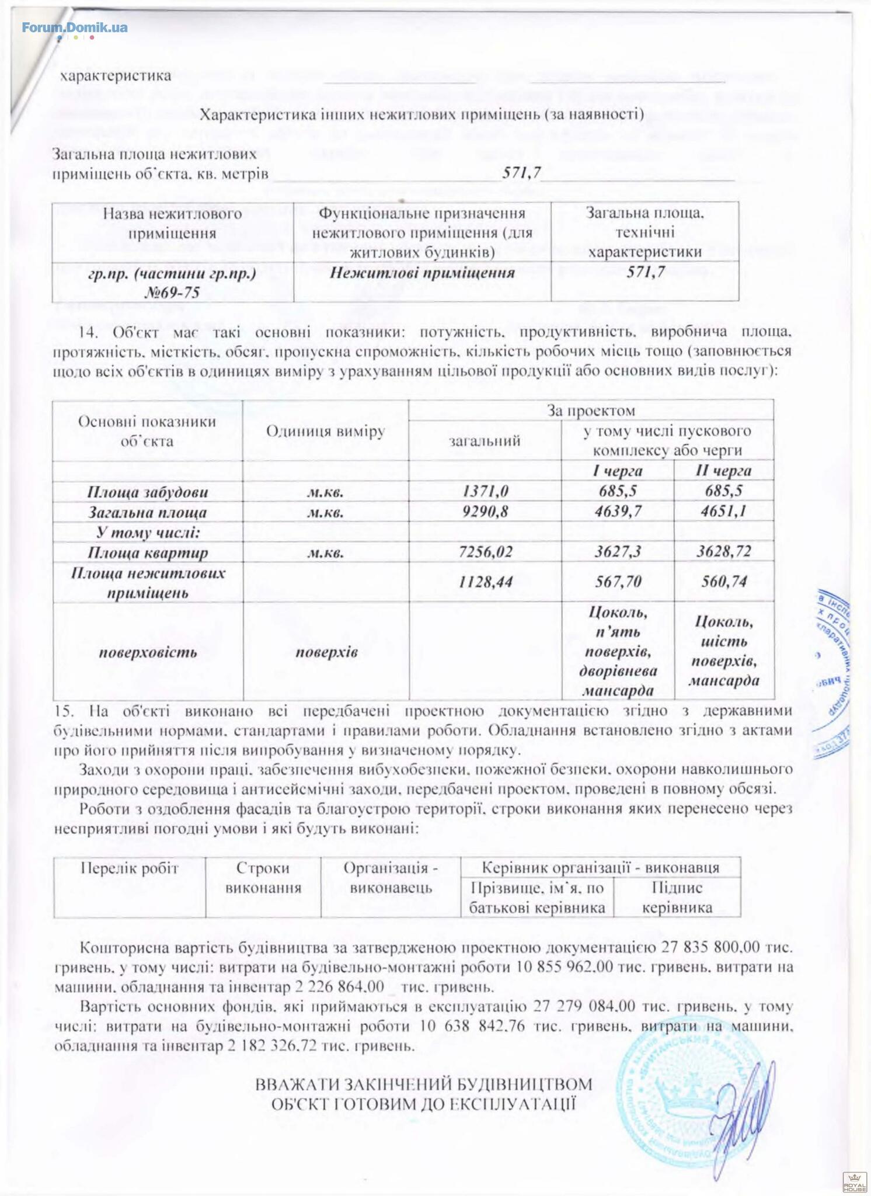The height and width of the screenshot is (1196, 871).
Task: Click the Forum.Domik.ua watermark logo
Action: pyautogui.click(x=75, y=27)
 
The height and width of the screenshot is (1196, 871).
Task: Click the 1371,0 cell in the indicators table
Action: pyautogui.click(x=485, y=491)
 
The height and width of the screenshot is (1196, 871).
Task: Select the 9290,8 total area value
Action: pyautogui.click(x=485, y=512)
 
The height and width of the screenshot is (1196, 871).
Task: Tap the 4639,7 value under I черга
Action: pyautogui.click(x=618, y=512)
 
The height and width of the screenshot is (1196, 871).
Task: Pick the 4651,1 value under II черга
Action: pyautogui.click(x=724, y=512)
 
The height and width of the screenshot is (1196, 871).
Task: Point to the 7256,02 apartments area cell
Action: pyautogui.click(x=485, y=552)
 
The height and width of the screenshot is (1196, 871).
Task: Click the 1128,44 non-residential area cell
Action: pyautogui.click(x=485, y=582)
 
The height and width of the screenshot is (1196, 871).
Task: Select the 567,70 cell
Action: pyautogui.click(x=618, y=582)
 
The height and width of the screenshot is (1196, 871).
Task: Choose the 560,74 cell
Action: pyautogui.click(x=724, y=582)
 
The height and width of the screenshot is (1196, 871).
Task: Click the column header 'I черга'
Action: pyautogui.click(x=618, y=471)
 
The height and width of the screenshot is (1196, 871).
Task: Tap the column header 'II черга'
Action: pyautogui.click(x=724, y=471)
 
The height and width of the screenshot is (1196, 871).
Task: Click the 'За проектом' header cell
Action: pyautogui.click(x=591, y=411)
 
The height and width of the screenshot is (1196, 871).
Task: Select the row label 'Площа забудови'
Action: pyautogui.click(x=147, y=492)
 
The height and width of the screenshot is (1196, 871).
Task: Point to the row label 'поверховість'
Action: pyautogui.click(x=147, y=652)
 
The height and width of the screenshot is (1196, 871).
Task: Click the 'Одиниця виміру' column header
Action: pyautogui.click(x=325, y=431)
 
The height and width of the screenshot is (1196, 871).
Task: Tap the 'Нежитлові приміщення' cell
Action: pyautogui.click(x=421, y=273)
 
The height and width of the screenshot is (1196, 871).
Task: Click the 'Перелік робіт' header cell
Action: pyautogui.click(x=129, y=868)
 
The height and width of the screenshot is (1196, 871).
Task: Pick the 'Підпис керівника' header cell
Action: pyautogui.click(x=677, y=898)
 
